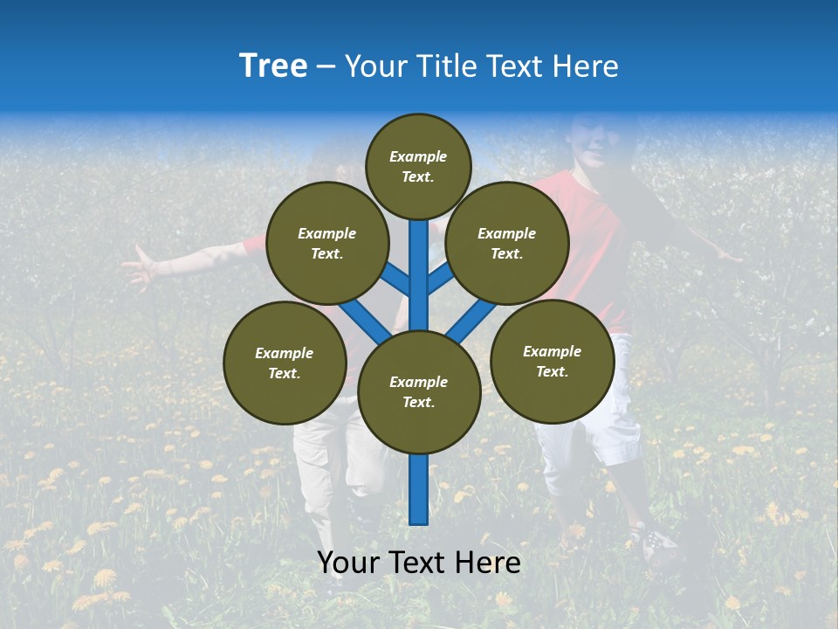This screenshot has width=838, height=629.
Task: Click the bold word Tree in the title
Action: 273,66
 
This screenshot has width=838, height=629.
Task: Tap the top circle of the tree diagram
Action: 418,166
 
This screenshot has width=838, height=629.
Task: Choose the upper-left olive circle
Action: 327,244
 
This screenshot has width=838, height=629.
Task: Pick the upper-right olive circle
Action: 507,244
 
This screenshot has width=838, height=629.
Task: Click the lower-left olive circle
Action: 285,363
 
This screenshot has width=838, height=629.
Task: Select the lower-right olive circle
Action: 552,361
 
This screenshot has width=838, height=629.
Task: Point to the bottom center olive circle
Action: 418,392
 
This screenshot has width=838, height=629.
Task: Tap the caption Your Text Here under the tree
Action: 418,563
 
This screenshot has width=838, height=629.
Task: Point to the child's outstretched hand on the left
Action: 140,266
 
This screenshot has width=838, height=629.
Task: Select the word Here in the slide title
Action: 586,66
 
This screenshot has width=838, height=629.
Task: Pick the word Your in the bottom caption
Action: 347,563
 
